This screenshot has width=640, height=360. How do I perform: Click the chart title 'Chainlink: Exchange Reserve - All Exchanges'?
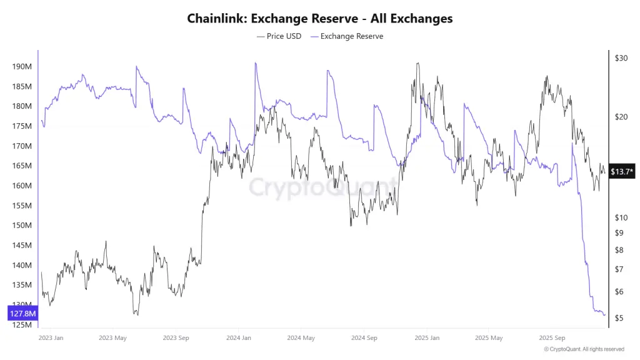pyautogui.click(x=320, y=19)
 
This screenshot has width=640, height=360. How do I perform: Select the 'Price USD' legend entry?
pyautogui.click(x=279, y=36)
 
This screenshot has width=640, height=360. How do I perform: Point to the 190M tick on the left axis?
pyautogui.click(x=22, y=66)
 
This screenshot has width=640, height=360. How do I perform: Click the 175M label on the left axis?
pyautogui.click(x=22, y=126)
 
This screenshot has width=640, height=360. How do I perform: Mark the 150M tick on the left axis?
pyautogui.click(x=22, y=226)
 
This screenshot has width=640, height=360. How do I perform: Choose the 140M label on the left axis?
pyautogui.click(x=22, y=266)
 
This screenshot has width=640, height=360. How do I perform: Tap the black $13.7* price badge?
pyautogui.click(x=622, y=171)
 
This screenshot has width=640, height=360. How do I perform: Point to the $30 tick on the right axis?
pyautogui.click(x=621, y=58)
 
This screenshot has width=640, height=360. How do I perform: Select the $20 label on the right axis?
pyautogui.click(x=621, y=117)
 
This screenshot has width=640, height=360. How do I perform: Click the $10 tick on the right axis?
pyautogui.click(x=621, y=217)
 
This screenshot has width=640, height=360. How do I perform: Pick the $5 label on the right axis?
pyautogui.click(x=619, y=318)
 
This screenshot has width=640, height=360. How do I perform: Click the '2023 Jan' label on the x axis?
pyautogui.click(x=51, y=338)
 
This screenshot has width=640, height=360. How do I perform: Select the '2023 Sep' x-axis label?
pyautogui.click(x=176, y=338)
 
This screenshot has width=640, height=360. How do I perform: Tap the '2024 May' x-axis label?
pyautogui.click(x=301, y=338)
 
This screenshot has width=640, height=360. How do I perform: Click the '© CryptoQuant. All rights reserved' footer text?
pyautogui.click(x=584, y=349)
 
